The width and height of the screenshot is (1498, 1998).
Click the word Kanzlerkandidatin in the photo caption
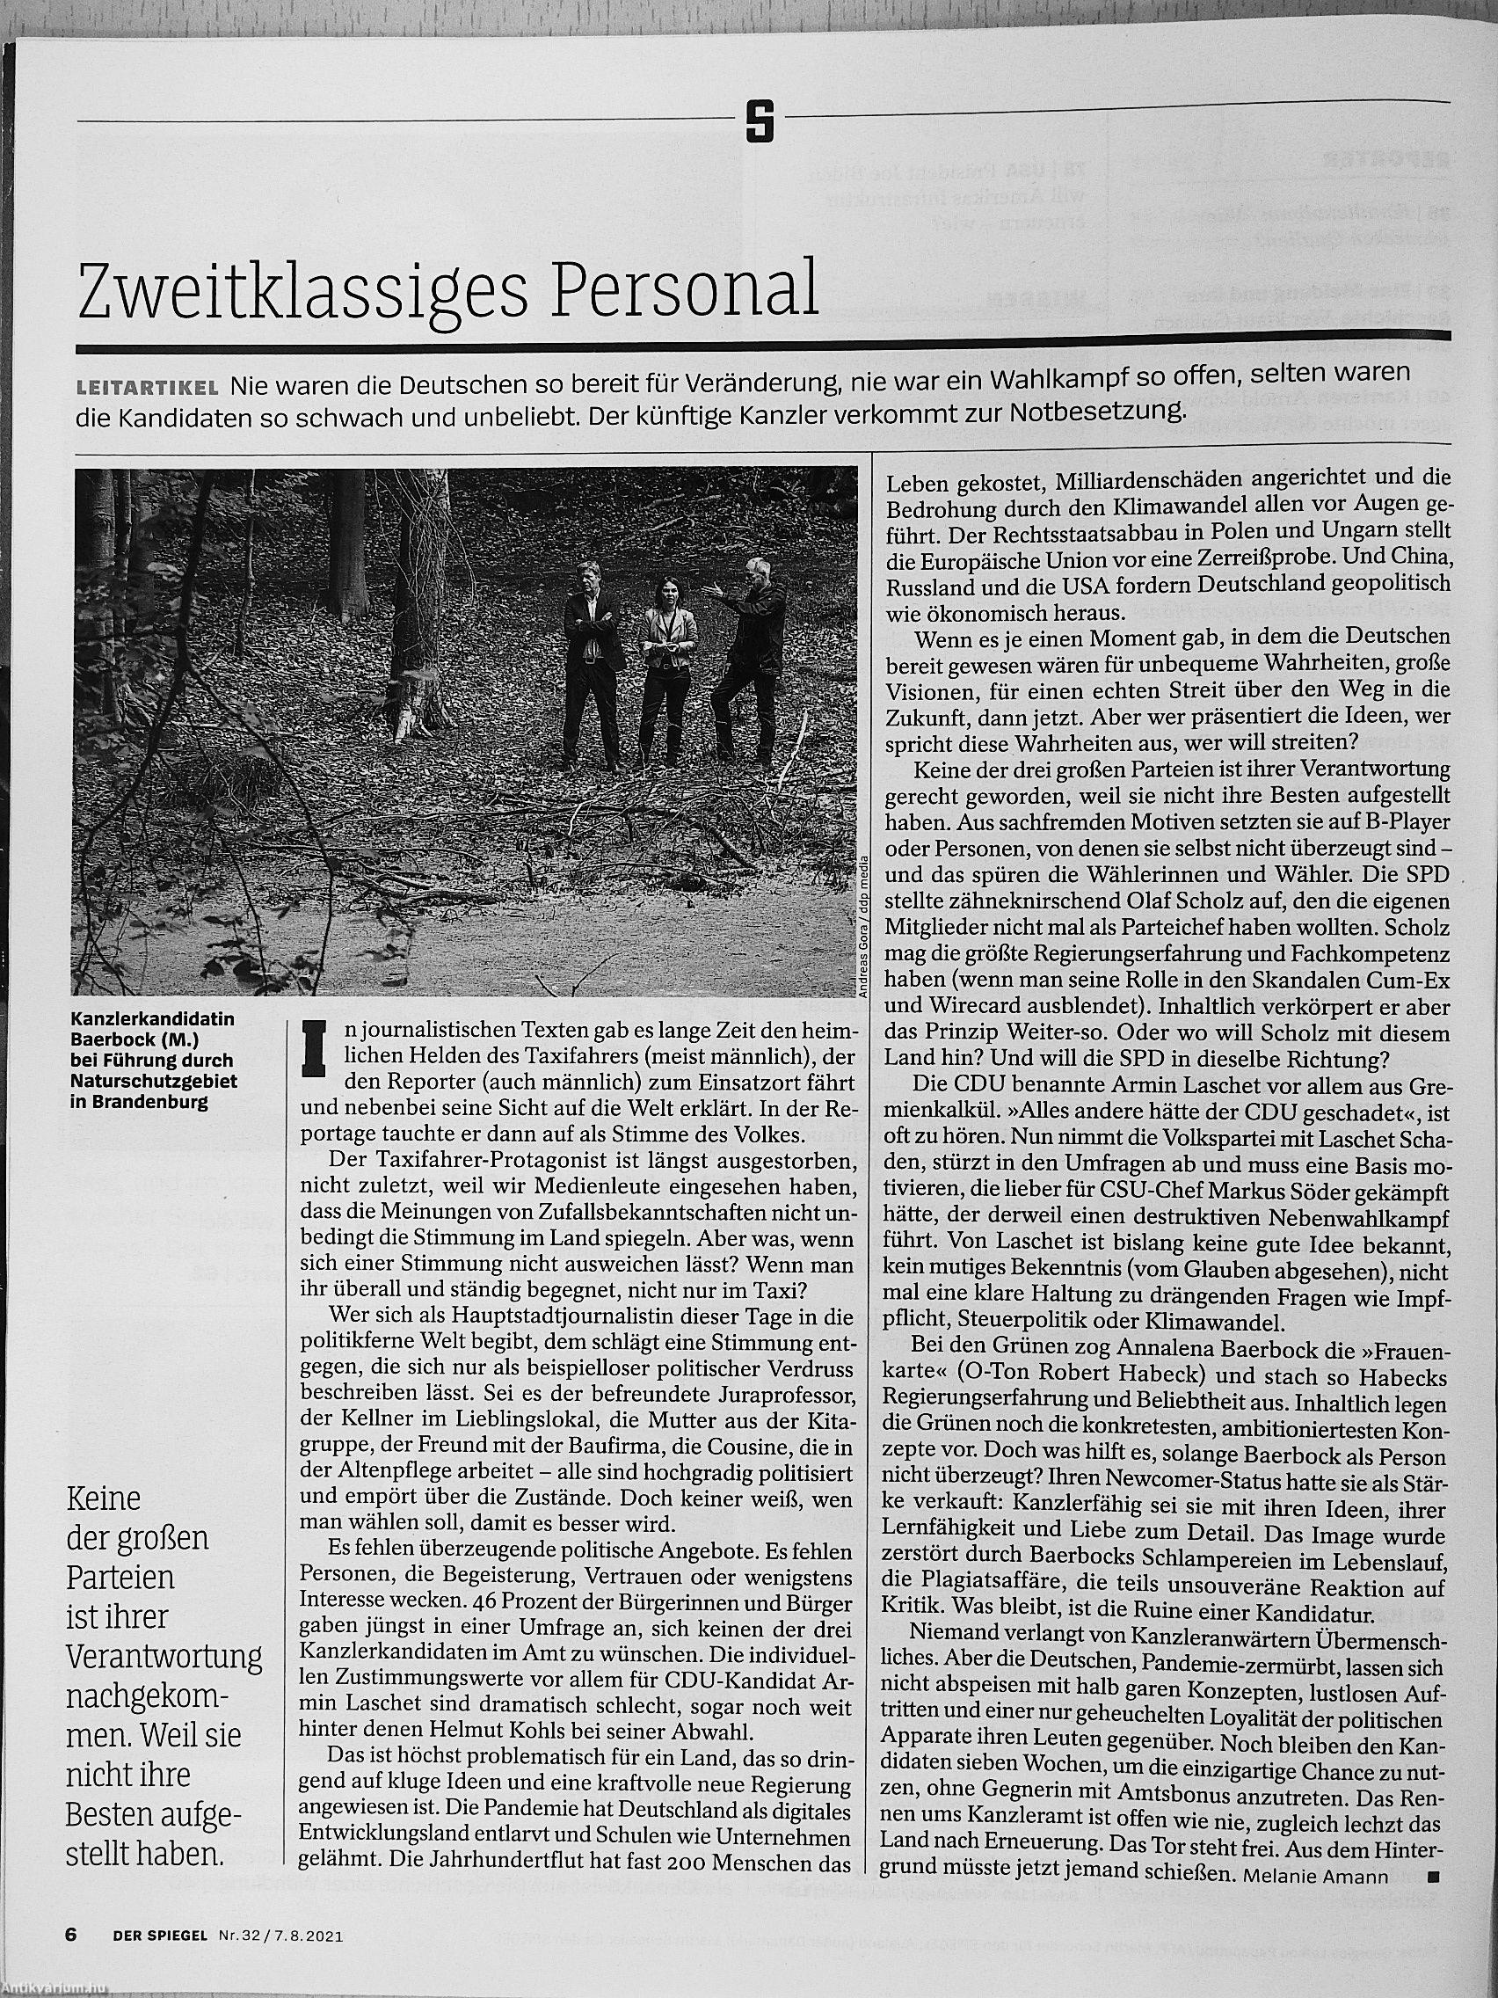point(153,1018)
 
